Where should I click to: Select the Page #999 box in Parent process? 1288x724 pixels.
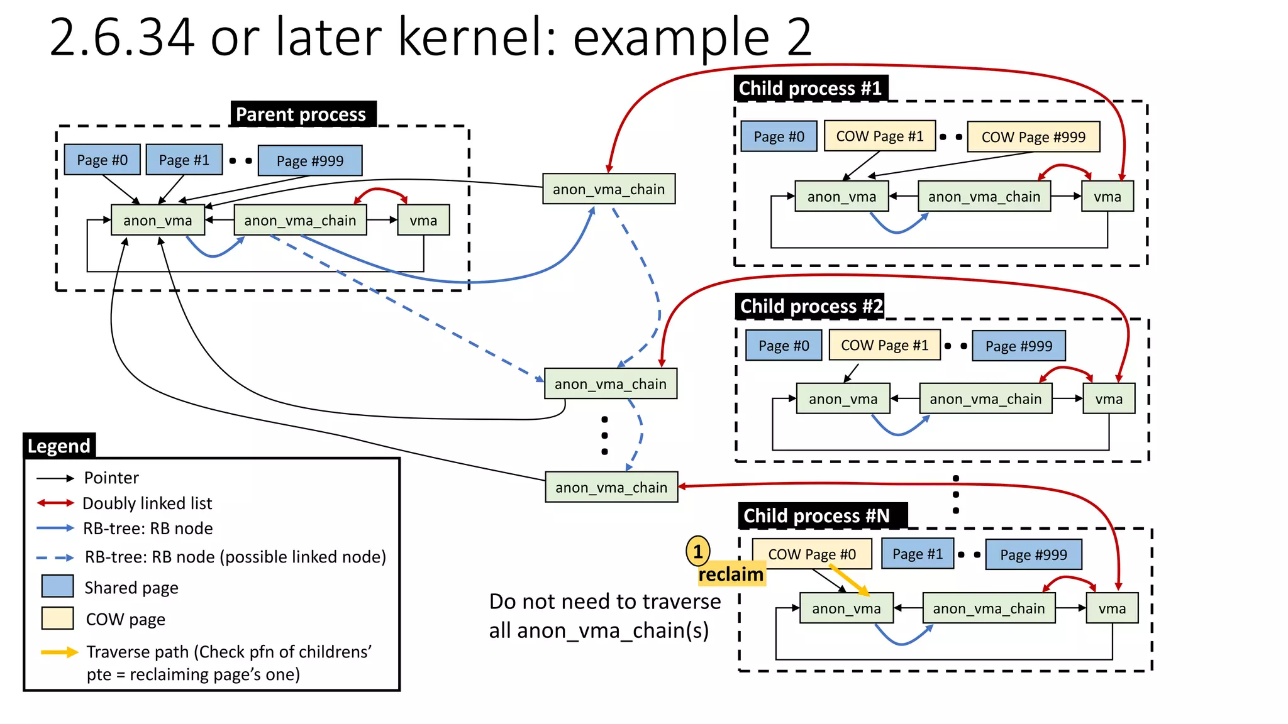[310, 161]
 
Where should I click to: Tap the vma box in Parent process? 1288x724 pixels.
[423, 221]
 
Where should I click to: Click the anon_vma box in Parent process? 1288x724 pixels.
[158, 221]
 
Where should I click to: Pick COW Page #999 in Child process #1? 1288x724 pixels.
[1033, 137]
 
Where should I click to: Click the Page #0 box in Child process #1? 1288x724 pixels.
[779, 136]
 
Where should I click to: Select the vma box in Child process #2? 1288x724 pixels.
[1109, 399]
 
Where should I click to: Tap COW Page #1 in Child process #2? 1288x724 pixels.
[884, 346]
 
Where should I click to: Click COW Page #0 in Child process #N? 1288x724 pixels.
[812, 554]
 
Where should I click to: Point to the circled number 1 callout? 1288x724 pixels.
[697, 552]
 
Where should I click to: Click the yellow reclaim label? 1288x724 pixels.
[731, 574]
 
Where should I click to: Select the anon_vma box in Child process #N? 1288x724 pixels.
[846, 608]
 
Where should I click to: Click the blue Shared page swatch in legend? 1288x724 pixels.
[57, 586]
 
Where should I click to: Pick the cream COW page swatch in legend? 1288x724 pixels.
[57, 618]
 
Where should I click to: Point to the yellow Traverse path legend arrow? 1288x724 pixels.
[59, 652]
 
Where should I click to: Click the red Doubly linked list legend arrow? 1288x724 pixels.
[55, 503]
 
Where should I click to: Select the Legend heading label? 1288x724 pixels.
[59, 446]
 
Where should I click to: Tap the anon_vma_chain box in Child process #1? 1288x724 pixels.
[984, 197]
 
